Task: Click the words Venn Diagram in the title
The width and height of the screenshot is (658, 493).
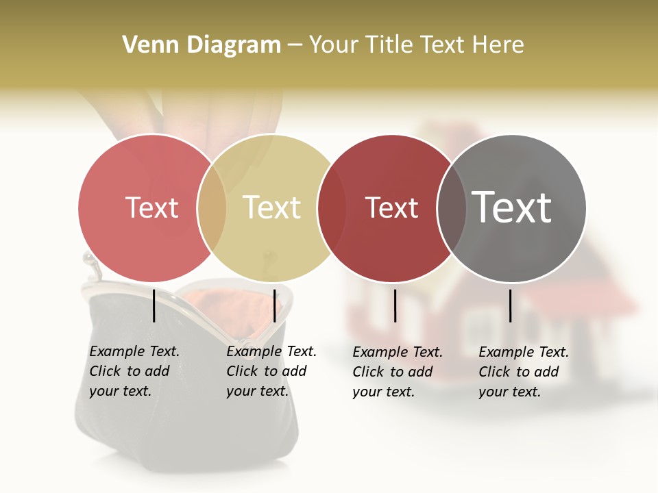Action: (202, 45)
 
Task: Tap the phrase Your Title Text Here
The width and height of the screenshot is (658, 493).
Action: (416, 45)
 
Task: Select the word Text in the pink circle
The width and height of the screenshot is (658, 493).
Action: (151, 207)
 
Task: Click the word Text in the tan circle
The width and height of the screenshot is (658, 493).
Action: (271, 207)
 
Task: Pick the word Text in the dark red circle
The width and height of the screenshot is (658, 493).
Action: (391, 207)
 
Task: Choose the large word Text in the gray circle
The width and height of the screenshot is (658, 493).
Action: (512, 207)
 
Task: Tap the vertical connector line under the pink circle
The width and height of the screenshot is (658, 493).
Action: (154, 305)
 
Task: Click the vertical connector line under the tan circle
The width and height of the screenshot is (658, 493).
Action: (274, 305)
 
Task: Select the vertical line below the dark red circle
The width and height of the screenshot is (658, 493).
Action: (395, 305)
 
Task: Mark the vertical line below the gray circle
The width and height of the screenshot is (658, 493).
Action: (511, 305)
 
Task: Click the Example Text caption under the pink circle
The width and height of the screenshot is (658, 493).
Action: (134, 371)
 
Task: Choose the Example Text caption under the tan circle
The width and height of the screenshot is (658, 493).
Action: (271, 371)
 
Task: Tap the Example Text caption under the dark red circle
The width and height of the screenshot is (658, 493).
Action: (397, 372)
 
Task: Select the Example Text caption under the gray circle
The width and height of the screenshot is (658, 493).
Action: (523, 372)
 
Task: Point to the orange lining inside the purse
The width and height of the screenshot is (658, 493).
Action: (226, 301)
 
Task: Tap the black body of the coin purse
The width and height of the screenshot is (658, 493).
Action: (185, 431)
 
